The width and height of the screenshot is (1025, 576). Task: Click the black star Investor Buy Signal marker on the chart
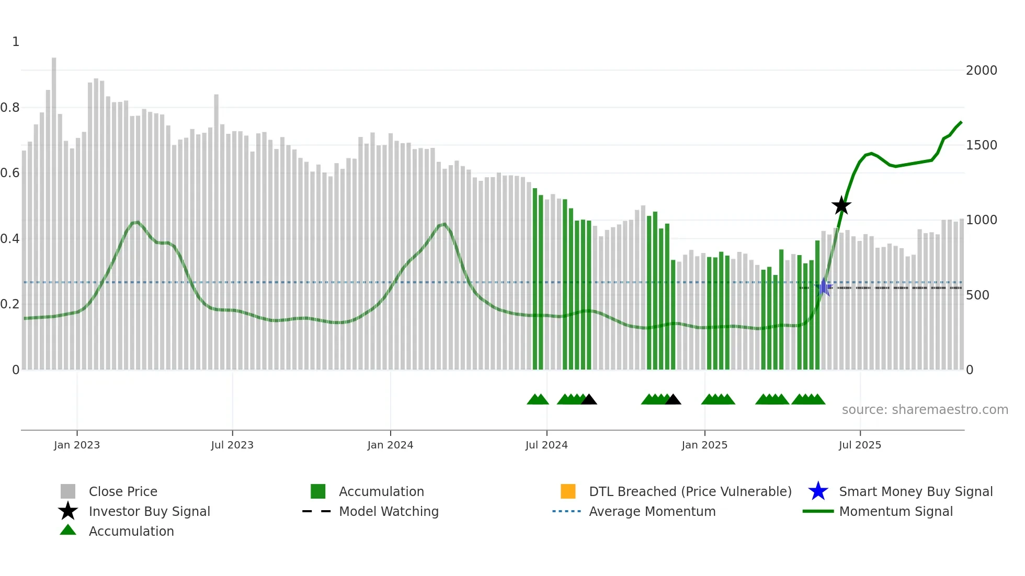tap(841, 205)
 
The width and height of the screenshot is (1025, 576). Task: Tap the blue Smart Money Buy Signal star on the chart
tap(823, 287)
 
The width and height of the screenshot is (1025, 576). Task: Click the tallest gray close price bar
tap(54, 209)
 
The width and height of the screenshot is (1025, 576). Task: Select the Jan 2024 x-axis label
tap(390, 445)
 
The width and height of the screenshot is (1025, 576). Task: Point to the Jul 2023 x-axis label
tap(232, 445)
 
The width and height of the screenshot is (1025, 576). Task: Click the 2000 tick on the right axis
tap(981, 70)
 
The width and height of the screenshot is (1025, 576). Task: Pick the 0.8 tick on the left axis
tap(10, 108)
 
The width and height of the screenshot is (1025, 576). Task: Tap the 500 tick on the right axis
tap(977, 295)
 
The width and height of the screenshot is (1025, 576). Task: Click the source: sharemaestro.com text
tap(925, 409)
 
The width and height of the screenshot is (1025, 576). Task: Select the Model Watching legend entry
tap(389, 511)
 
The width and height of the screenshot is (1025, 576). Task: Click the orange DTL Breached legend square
tap(568, 491)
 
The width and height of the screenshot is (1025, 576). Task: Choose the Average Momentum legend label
tap(652, 511)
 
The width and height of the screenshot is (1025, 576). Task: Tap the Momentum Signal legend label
tap(896, 511)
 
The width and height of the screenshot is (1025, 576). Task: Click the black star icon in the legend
tap(68, 511)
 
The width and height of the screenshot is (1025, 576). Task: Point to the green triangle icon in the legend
tap(68, 530)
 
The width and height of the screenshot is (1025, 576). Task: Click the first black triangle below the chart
tap(589, 400)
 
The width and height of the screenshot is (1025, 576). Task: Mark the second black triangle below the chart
tap(673, 400)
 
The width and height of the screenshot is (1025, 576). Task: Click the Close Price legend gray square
tap(68, 491)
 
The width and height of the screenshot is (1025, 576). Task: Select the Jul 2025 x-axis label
tap(860, 445)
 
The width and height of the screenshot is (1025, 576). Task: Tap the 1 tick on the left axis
tap(16, 42)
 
